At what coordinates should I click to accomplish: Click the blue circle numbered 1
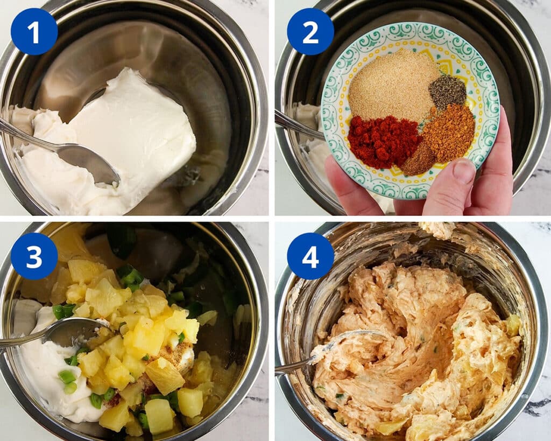click(34, 32)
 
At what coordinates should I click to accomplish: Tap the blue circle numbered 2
click(310, 32)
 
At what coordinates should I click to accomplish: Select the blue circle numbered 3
click(34, 256)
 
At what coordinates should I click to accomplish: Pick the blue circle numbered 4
click(310, 256)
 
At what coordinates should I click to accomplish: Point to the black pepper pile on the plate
click(447, 92)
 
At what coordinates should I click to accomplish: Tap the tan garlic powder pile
click(390, 85)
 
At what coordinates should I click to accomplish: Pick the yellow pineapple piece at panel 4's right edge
click(513, 325)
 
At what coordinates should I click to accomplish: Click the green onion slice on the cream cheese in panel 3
click(67, 377)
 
